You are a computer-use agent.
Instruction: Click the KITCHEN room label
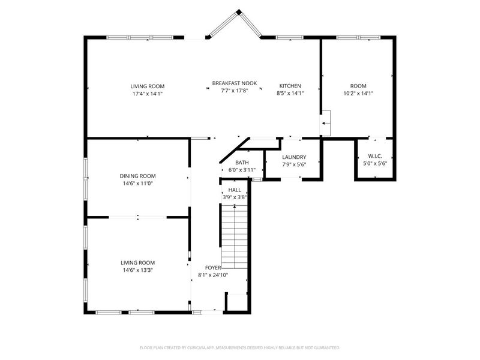point(289,86)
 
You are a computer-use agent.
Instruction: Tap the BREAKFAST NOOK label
point(235,83)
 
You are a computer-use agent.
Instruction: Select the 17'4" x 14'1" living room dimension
point(148,94)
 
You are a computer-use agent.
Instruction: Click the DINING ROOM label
point(139,176)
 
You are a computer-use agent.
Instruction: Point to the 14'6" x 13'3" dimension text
point(138,270)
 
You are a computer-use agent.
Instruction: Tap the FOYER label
point(214,268)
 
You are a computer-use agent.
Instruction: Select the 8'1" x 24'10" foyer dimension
point(214,275)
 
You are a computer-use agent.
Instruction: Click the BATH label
point(242,163)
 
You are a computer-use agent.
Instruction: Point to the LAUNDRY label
point(294,157)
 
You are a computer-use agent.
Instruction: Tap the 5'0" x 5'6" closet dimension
point(375,163)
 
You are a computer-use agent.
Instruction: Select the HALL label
point(235,190)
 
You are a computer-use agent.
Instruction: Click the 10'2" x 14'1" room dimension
point(358,94)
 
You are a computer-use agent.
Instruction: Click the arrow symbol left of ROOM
point(326,124)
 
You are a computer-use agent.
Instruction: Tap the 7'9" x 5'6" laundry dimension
point(294,164)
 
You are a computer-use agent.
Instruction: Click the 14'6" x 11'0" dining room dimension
point(139,184)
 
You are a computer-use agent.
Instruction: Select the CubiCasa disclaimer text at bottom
point(240,347)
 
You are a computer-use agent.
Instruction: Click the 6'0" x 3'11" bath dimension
point(242,170)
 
